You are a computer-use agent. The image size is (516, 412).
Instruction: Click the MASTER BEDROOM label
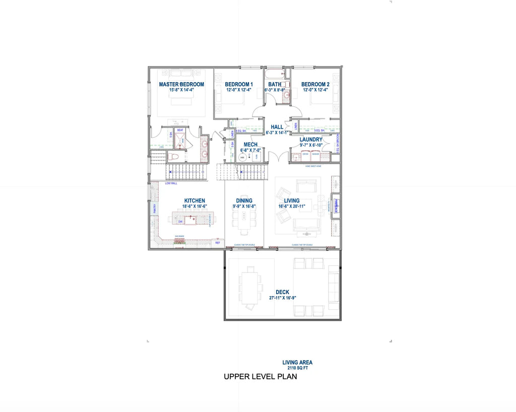pos(181,84)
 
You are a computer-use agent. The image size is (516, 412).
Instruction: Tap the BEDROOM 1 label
pos(239,84)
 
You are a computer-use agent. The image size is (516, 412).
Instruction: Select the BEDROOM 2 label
pos(315,84)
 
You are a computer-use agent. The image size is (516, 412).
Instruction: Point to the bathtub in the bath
pos(275,74)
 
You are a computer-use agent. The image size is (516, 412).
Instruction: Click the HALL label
pos(277,127)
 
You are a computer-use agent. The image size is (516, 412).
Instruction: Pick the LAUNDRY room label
pos(311,140)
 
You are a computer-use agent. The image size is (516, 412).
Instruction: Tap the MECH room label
pos(250,145)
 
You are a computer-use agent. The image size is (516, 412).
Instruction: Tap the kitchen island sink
pos(191,220)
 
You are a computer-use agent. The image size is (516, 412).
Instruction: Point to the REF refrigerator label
pos(218,243)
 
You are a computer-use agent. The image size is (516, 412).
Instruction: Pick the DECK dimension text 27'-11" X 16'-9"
pos(282,298)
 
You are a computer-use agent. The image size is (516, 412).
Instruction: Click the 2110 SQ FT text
pos(297,368)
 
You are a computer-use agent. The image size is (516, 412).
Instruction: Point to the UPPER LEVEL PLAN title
pos(260,377)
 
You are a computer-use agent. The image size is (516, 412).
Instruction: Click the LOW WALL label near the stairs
pos(171,183)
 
